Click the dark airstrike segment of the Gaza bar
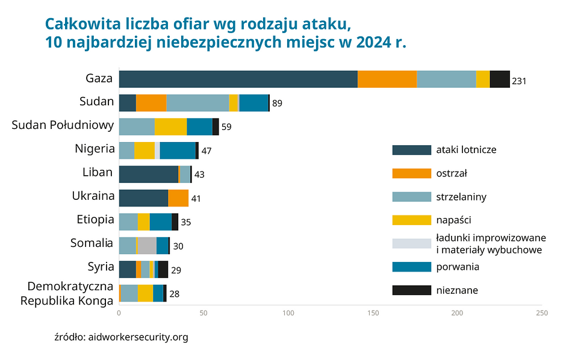tap(238, 79)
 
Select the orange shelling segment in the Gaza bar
tap(387, 79)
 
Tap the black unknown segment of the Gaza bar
tap(500, 79)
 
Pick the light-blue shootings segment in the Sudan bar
tap(197, 103)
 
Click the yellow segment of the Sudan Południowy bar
tap(170, 126)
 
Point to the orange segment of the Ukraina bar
tap(178, 198)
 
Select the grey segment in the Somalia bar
tap(148, 246)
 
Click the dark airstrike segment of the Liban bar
tap(148, 174)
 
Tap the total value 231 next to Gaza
tap(520, 80)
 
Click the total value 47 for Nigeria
tap(207, 151)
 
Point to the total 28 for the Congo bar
tap(174, 294)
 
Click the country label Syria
tap(101, 267)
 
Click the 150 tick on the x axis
tap(373, 313)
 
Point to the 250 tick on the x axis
tap(542, 313)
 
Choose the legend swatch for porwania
tap(411, 267)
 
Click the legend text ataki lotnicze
tap(466, 150)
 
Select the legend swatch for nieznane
tap(411, 290)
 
